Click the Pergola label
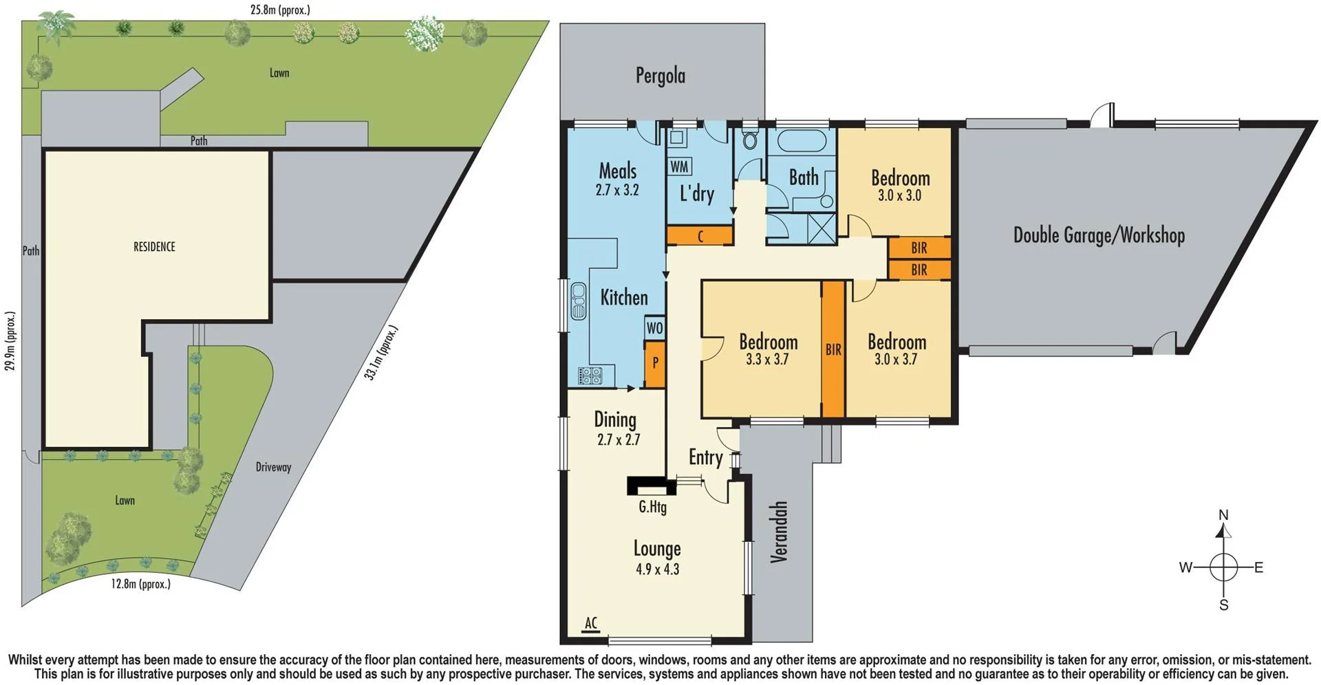coord(660,76)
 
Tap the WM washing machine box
coord(679,166)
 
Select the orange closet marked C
coord(699,236)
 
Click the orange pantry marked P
coord(655,362)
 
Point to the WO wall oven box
coord(654,327)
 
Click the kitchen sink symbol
coord(579,301)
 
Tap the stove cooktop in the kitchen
coord(590,376)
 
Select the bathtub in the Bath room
coord(801,142)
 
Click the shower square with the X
coord(822,228)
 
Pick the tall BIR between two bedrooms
coord(833,349)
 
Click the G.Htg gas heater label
coord(652,508)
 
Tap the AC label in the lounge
coord(591,623)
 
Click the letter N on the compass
coord(1223,515)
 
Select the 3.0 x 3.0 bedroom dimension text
coord(899,195)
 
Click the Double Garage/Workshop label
coord(1099,235)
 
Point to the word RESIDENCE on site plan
coord(154,247)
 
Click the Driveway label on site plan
coord(273,467)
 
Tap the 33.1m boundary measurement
coord(381,353)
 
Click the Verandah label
coord(778,532)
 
